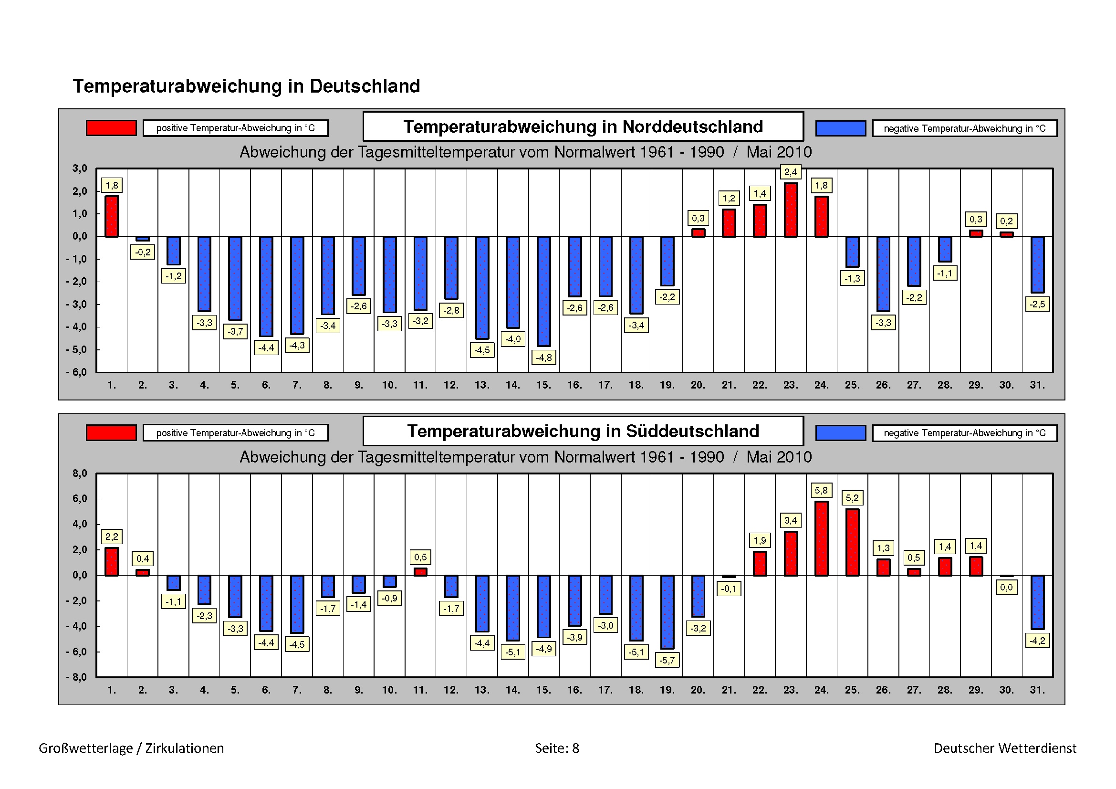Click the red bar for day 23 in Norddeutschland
click(x=790, y=210)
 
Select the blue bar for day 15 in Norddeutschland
click(x=543, y=291)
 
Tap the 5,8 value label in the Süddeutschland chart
click(x=821, y=491)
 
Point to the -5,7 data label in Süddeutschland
click(x=667, y=660)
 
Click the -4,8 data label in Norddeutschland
click(x=543, y=358)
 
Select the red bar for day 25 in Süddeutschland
click(x=852, y=542)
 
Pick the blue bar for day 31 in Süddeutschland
click(x=1037, y=602)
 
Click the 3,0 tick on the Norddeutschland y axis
click(x=80, y=168)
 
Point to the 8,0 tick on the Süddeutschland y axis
click(x=80, y=473)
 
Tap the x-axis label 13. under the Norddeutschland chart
click(x=482, y=385)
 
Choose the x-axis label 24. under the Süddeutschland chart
click(x=821, y=690)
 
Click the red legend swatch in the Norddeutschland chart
click(x=111, y=128)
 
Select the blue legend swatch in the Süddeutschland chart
click(x=840, y=432)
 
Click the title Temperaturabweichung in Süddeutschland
click(x=583, y=431)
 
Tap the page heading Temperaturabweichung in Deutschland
click(x=246, y=86)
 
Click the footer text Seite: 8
click(x=557, y=748)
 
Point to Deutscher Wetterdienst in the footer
click(x=1005, y=748)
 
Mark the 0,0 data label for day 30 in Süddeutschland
click(x=1006, y=587)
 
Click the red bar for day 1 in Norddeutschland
click(x=111, y=216)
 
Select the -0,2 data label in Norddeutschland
click(x=142, y=252)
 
